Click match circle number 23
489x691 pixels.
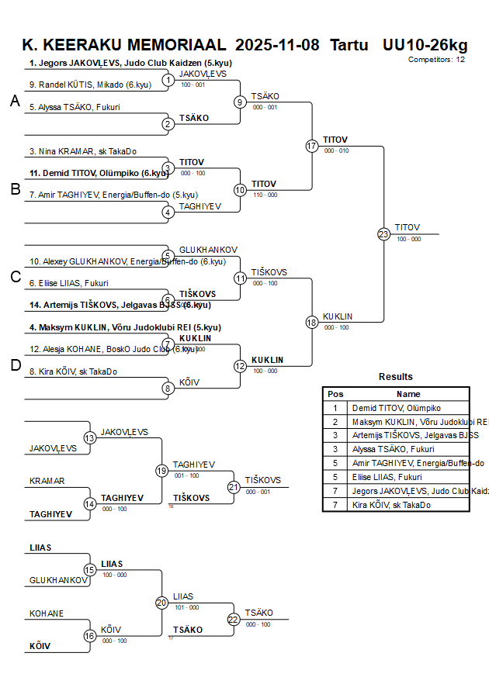click(x=383, y=233)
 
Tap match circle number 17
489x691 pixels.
click(x=312, y=146)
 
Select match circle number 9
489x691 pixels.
click(x=241, y=102)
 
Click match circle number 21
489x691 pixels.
click(x=234, y=487)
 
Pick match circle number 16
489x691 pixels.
click(x=90, y=635)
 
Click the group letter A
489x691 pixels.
click(x=14, y=101)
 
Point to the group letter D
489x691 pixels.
click(x=14, y=366)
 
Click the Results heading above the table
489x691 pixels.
click(x=396, y=377)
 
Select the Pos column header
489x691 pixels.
click(x=335, y=394)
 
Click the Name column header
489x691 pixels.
click(x=408, y=394)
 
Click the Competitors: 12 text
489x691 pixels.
click(x=437, y=59)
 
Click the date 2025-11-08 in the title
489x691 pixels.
click(x=277, y=44)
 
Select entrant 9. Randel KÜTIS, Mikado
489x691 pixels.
click(x=79, y=85)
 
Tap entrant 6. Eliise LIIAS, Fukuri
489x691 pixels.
click(x=69, y=283)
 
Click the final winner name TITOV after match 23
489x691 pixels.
click(x=407, y=227)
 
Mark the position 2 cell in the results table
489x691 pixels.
click(x=335, y=422)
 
